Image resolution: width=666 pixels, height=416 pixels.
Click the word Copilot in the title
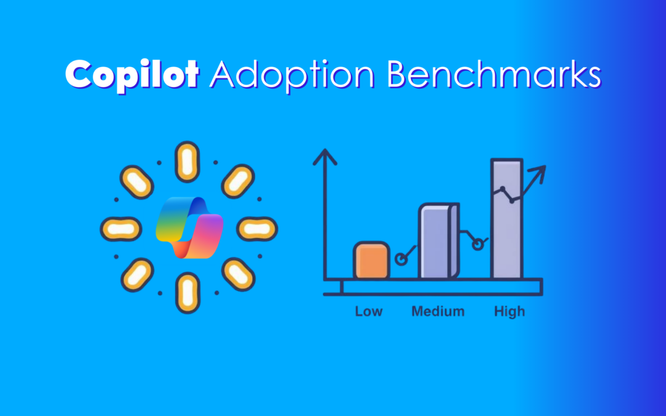(x=132, y=75)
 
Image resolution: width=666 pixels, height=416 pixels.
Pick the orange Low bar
(x=371, y=261)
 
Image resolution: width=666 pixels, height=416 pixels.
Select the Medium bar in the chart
(x=439, y=242)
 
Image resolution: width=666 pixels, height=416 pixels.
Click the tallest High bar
(x=507, y=219)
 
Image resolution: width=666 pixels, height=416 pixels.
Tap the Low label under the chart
(x=369, y=311)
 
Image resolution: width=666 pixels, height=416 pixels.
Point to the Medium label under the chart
(x=438, y=311)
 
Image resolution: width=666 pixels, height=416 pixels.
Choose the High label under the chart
(x=509, y=311)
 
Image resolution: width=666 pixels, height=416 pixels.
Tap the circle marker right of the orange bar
(x=401, y=259)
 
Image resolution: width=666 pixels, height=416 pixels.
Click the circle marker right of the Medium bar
(x=477, y=245)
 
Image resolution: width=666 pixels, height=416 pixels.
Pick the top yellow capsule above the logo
(x=187, y=162)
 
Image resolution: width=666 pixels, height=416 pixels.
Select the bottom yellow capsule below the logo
(x=187, y=291)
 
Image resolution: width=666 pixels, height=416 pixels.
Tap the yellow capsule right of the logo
(x=257, y=229)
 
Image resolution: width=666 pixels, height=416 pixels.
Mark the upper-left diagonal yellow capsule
(x=136, y=181)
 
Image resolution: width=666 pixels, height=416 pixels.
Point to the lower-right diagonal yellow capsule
(x=237, y=274)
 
